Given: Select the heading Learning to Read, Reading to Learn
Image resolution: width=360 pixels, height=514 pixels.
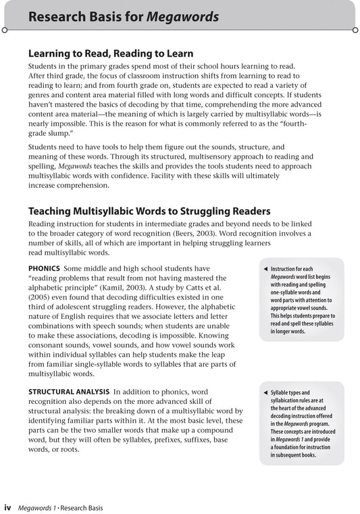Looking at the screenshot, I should (x=110, y=53).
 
